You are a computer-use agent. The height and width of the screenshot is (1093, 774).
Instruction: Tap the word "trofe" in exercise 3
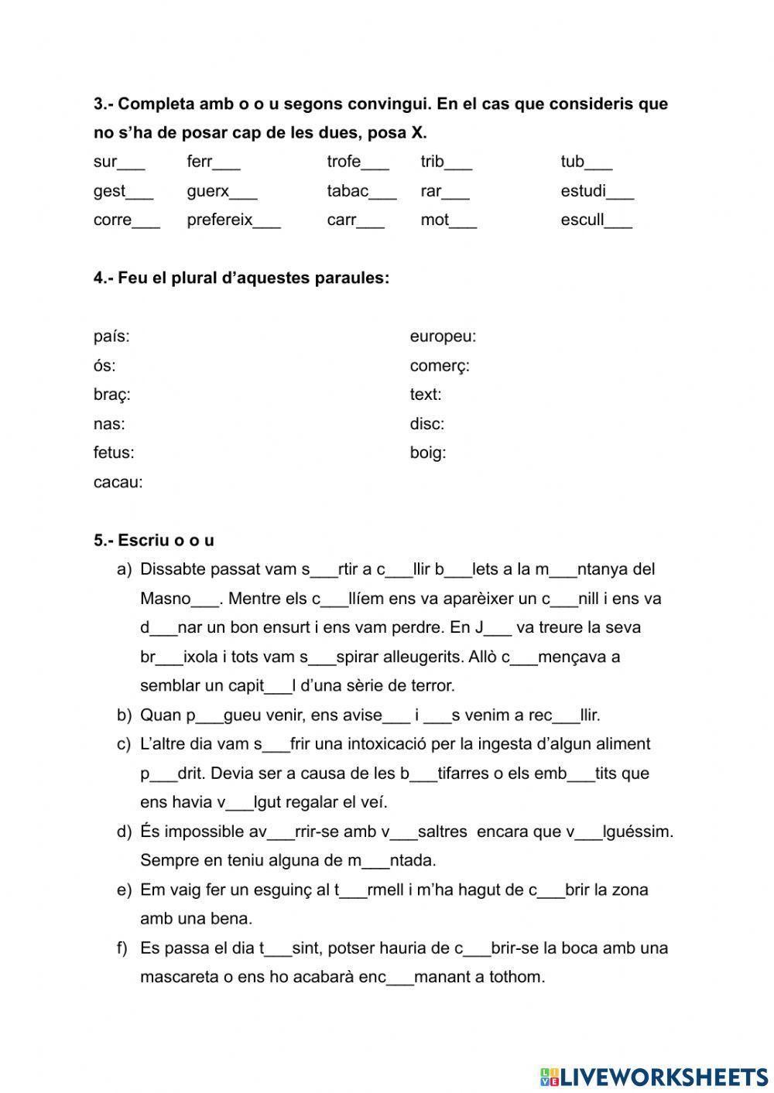coord(344,162)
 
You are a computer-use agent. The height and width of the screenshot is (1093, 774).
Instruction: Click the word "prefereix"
coord(220,220)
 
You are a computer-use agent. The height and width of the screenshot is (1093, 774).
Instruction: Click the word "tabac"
coord(348,191)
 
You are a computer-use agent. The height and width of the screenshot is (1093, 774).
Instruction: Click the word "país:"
coord(111,336)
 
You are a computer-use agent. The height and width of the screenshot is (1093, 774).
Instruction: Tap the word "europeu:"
coord(443,336)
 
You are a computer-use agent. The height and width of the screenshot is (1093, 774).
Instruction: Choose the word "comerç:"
coord(440,366)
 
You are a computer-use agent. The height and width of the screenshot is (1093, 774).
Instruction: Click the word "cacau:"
coord(118,483)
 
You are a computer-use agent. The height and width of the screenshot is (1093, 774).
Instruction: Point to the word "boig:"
coord(428,453)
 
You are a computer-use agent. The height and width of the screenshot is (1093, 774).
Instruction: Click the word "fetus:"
coord(114,453)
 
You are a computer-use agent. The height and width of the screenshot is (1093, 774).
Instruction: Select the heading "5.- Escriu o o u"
coord(154,541)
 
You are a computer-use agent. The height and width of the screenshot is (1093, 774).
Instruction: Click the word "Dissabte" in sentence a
coord(170,570)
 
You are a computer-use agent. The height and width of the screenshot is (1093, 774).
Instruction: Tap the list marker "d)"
coord(124,832)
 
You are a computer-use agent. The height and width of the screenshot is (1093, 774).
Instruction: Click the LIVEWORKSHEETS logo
coord(653,1076)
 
